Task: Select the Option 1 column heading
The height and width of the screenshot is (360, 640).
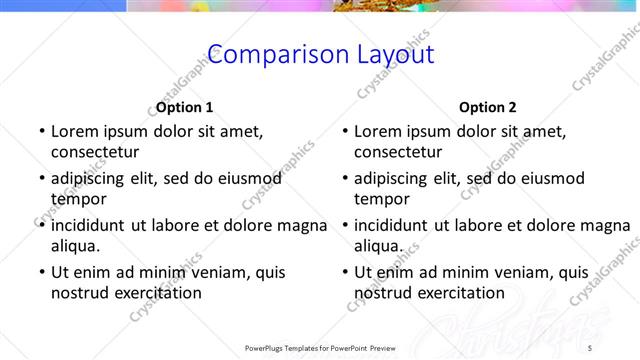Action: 185,107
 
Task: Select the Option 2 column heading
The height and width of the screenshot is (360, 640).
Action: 488,107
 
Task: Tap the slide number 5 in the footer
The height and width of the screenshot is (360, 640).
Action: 590,348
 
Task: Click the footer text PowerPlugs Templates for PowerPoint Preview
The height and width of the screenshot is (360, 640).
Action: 320,348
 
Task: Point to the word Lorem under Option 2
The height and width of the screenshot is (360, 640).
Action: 379,131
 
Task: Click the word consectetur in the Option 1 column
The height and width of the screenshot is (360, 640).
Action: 94,152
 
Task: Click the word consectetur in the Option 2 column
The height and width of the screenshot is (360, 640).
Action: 397,152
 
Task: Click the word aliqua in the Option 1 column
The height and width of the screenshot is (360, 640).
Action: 74,246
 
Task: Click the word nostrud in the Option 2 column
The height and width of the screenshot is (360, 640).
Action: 383,293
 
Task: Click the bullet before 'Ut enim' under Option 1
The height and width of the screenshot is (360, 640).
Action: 40,272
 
